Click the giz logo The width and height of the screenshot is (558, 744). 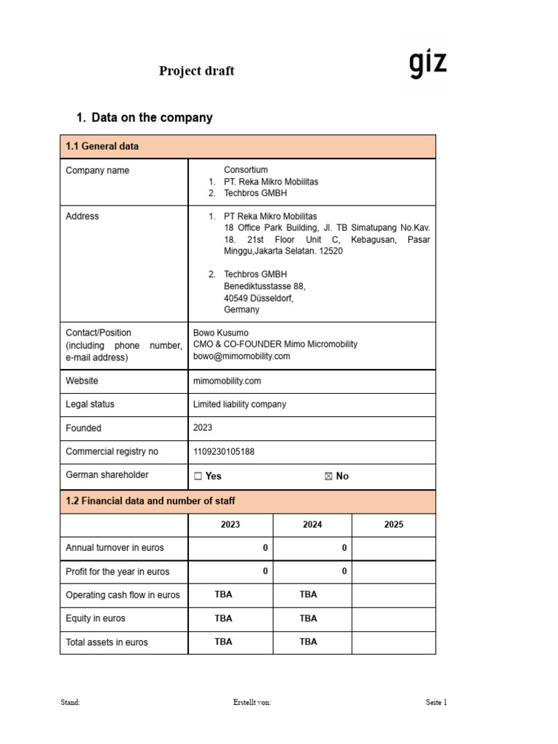[428, 65]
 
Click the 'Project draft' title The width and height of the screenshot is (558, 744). [197, 70]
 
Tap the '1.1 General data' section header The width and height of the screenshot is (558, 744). [102, 146]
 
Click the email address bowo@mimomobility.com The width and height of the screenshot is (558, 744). [241, 357]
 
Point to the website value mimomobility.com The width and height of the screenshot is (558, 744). [227, 381]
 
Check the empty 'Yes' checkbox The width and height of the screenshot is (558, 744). [198, 476]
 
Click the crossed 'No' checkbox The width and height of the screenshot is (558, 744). [328, 476]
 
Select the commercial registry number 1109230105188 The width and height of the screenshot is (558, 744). [224, 452]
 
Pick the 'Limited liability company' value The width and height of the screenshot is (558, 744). [239, 405]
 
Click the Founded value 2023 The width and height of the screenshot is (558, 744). [203, 428]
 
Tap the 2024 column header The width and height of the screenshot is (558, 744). [312, 525]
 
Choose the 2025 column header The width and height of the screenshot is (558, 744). [393, 525]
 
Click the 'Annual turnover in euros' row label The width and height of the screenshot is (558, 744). [115, 548]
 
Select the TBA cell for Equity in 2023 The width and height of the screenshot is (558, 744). [224, 618]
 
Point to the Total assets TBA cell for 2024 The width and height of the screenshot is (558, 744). [308, 642]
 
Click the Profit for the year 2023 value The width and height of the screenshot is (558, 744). [265, 572]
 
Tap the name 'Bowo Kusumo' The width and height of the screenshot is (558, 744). [220, 333]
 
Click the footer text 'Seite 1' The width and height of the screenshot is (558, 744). [436, 703]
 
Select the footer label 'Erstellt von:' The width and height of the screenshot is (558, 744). [252, 703]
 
